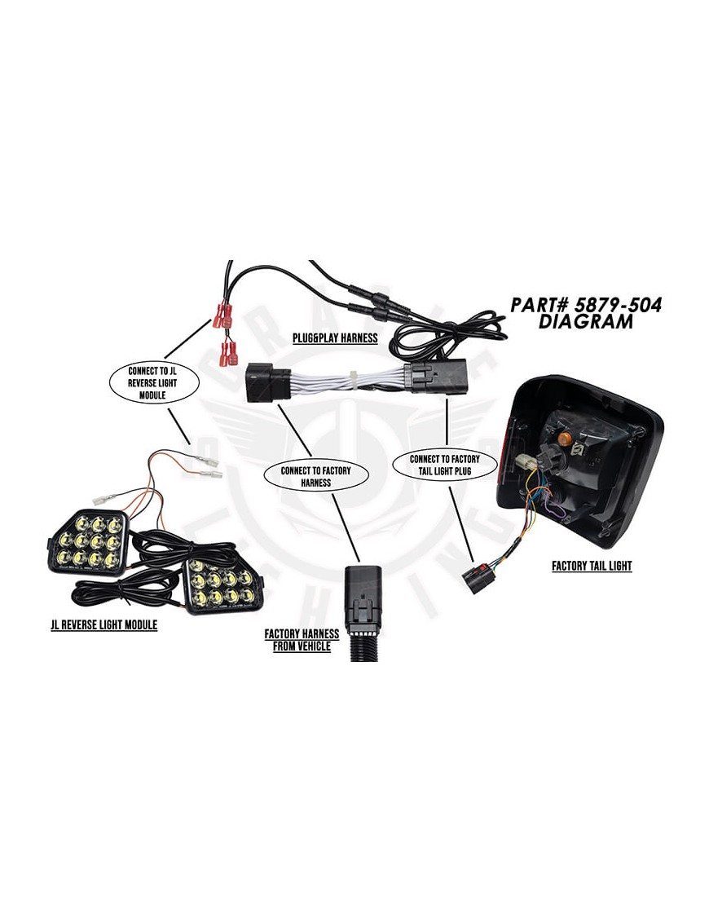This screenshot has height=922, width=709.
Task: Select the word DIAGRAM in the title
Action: pos(586,322)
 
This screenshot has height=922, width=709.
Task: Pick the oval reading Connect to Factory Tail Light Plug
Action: pos(445,465)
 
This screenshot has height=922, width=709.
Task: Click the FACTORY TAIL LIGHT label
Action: pos(591,566)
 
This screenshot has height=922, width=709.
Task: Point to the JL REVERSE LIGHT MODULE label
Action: pos(103,624)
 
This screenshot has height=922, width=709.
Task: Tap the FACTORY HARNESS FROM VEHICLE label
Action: pos(302,640)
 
